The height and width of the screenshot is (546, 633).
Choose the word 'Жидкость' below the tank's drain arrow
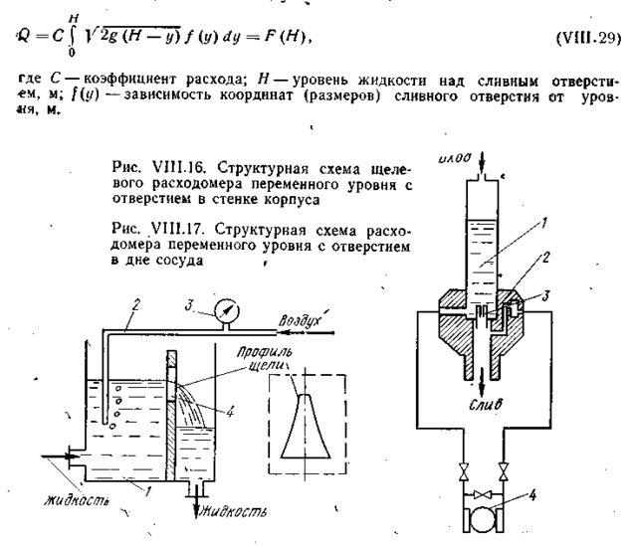(x=236, y=513)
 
